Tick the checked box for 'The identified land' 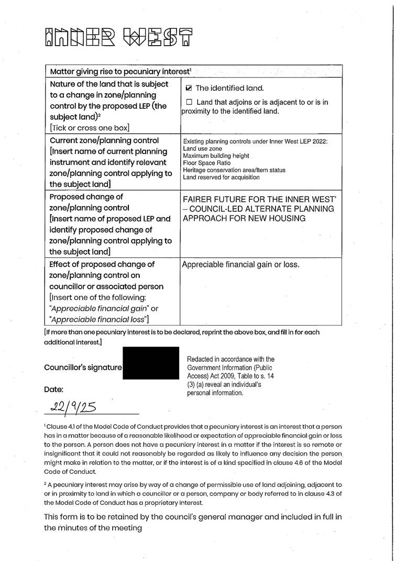coord(190,88)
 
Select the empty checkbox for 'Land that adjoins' coord(190,102)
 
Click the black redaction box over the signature coord(151,367)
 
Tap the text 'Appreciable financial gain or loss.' coord(240,264)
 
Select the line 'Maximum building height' coord(216,156)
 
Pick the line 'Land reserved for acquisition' coord(221,177)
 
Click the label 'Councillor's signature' coord(83,368)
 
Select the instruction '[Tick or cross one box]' coord(89,127)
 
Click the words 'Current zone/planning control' coord(104,141)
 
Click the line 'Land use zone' coord(203,149)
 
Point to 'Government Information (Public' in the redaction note coord(230,368)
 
